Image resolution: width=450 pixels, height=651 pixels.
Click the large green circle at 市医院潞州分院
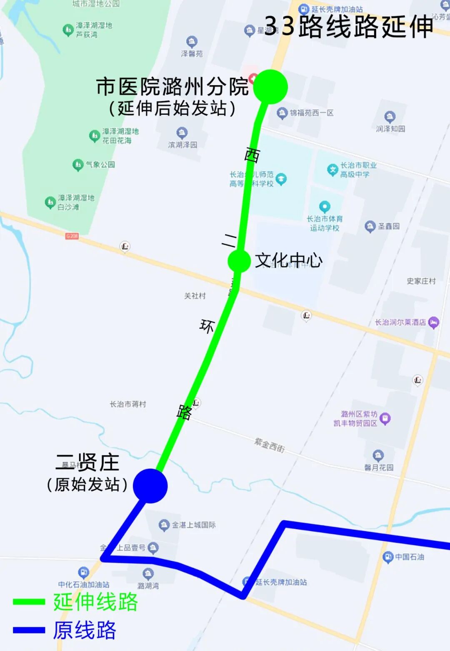[270, 87]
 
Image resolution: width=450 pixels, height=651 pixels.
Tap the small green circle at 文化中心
[239, 261]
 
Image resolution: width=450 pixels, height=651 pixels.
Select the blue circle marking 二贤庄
[150, 486]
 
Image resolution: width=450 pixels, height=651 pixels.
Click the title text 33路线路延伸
[349, 27]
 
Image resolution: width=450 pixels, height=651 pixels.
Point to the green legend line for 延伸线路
[29, 602]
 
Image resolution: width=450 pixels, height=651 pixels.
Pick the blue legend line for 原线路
[29, 630]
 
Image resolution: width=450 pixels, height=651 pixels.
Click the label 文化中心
[288, 260]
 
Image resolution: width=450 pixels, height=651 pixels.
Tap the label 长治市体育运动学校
[325, 223]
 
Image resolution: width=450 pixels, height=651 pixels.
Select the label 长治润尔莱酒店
[400, 322]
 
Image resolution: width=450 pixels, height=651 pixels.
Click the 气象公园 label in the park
[100, 164]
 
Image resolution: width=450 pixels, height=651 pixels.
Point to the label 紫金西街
[270, 446]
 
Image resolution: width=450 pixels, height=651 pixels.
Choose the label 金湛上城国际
[194, 525]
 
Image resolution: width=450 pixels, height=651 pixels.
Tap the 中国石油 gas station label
[409, 557]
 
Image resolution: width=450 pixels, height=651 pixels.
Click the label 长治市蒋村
[128, 404]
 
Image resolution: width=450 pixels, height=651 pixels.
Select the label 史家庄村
[421, 281]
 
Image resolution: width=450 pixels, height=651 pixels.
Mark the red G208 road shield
[72, 236]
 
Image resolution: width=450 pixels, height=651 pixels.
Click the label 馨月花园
[379, 467]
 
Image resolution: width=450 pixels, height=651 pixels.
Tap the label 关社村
[195, 296]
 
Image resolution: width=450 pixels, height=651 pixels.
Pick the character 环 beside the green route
[207, 326]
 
